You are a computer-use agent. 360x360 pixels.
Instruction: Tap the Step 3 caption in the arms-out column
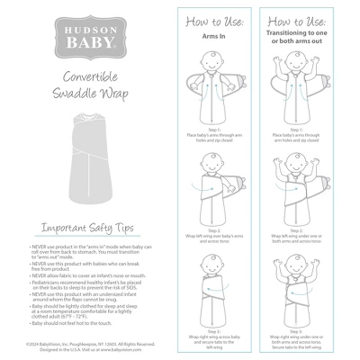[304, 338]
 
